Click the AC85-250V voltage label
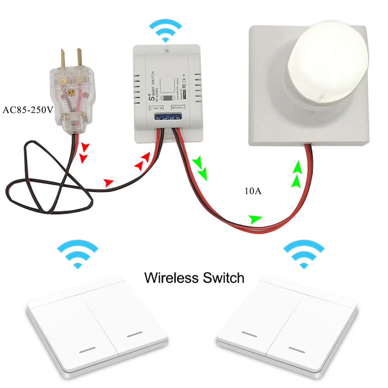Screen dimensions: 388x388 tap(28, 110)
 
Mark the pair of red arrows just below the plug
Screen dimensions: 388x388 tap(84, 152)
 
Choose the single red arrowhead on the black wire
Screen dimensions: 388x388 tap(109, 182)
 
